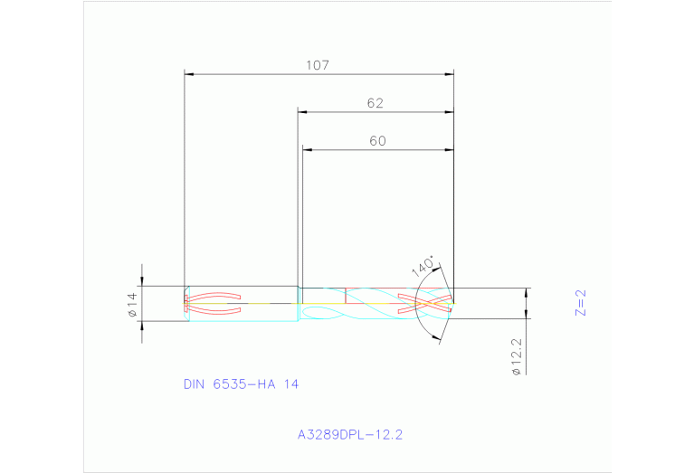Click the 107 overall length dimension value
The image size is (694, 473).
[x=317, y=65]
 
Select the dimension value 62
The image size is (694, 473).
[x=376, y=103]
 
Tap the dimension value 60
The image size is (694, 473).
[x=377, y=141]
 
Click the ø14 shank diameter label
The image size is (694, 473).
[x=131, y=304]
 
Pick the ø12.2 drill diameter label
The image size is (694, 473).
[x=516, y=357]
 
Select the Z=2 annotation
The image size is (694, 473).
[x=581, y=302]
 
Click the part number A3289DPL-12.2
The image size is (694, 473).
[x=349, y=434]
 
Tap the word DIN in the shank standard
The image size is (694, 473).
[x=194, y=383]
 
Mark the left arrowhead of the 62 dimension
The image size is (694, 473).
[x=303, y=113]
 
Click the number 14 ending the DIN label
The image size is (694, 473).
[x=291, y=383]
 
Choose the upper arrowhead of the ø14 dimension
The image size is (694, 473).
[x=142, y=282]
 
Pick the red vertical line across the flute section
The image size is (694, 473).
[x=347, y=297]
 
